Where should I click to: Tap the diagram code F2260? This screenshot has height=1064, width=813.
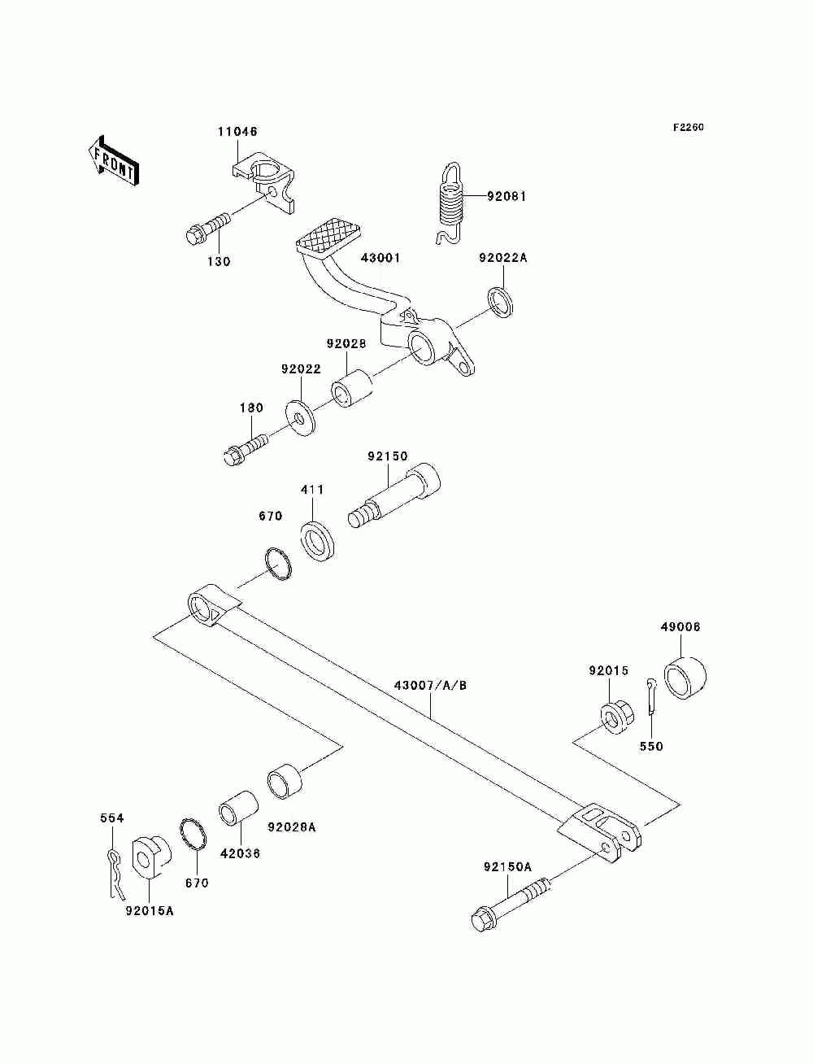tap(688, 127)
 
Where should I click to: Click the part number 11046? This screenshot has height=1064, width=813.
tap(237, 131)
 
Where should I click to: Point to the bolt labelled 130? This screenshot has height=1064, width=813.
tap(208, 229)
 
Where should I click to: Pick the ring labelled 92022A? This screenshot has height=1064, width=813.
tap(502, 302)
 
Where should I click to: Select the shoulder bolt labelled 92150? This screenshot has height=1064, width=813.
tap(394, 495)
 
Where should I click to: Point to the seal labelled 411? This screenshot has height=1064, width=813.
tap(319, 541)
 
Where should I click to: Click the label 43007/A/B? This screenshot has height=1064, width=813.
tap(430, 686)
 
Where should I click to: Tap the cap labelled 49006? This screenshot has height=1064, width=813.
tap(685, 678)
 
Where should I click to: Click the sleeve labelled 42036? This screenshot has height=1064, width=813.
tap(238, 808)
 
